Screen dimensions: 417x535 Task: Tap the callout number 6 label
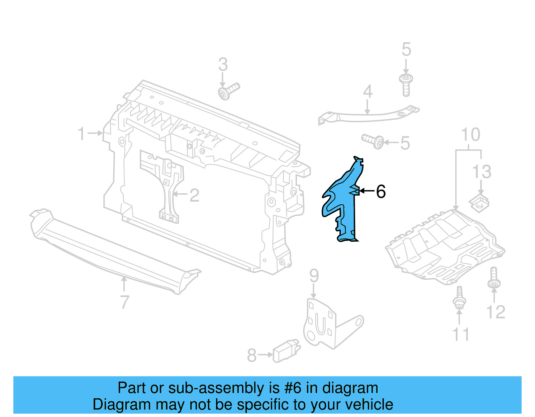(x=381, y=192)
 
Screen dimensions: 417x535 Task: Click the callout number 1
(x=82, y=134)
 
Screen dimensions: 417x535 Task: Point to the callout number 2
(x=194, y=195)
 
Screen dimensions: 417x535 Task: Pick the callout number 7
(x=124, y=302)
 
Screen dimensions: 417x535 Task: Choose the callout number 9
(x=314, y=276)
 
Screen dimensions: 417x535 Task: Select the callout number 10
(x=470, y=135)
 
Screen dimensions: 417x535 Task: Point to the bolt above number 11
(x=459, y=297)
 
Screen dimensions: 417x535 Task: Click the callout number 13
(x=481, y=172)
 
